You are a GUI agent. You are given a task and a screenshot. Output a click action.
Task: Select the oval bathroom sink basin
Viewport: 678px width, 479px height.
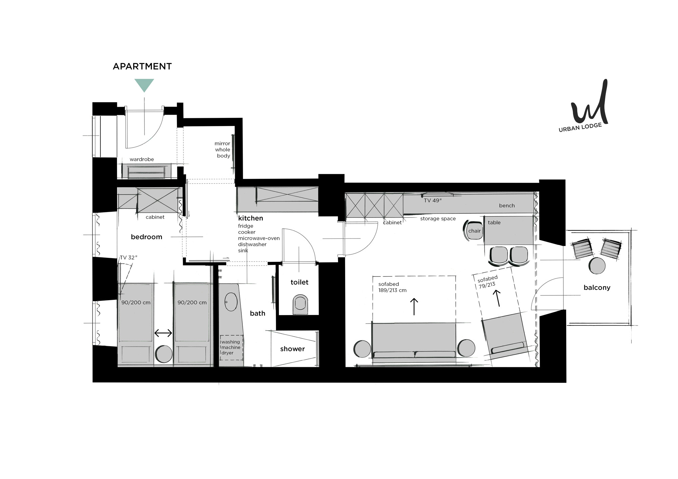point(231,301)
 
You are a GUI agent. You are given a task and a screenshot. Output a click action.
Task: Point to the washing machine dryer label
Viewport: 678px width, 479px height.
point(231,347)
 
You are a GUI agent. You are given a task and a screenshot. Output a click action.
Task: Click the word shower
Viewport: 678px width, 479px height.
point(292,349)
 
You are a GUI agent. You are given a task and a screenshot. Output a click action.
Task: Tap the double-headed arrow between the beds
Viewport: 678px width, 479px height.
point(163,333)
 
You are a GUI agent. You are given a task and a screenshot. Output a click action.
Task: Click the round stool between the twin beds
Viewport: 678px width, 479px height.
point(163,354)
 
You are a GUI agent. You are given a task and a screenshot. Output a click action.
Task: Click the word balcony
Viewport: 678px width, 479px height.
point(597,288)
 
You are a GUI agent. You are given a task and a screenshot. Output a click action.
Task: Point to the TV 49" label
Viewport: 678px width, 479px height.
point(433,201)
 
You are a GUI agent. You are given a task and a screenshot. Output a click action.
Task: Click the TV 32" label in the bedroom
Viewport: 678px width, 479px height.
point(128,257)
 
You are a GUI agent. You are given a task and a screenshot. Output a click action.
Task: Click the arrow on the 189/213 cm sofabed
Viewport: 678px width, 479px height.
point(414,307)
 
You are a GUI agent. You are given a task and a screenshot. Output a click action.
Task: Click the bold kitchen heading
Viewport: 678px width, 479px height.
point(251,218)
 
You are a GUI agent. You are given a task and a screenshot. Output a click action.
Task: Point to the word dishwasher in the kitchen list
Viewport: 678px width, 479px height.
point(252,244)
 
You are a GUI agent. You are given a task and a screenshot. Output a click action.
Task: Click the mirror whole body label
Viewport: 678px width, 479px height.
point(223,149)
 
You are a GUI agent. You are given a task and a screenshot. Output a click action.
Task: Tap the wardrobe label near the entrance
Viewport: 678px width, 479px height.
point(142,159)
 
